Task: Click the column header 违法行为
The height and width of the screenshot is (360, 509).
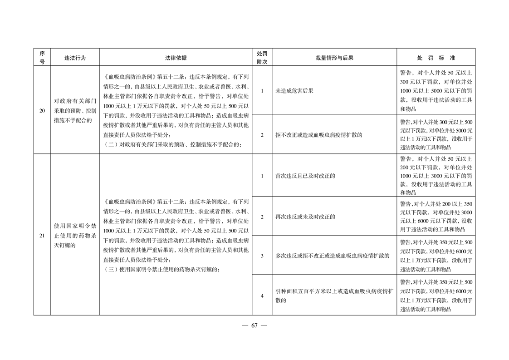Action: point(75,58)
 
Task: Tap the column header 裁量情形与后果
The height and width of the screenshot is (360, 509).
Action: point(334,58)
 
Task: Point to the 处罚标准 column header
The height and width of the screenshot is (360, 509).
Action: point(436,58)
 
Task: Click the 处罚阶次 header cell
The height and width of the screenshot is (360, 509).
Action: point(262,58)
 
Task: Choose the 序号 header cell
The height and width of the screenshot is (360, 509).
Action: point(42,58)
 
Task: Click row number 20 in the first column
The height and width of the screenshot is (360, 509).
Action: point(42,110)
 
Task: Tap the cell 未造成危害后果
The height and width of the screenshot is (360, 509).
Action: point(294,91)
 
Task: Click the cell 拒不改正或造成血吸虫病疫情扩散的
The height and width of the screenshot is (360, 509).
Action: point(319,135)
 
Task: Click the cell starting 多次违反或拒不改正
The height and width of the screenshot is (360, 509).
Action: point(333,256)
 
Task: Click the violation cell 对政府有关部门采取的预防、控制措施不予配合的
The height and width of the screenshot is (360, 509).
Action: point(75,110)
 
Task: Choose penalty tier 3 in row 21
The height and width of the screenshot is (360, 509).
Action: point(262,256)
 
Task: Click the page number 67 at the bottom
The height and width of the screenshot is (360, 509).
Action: point(254,325)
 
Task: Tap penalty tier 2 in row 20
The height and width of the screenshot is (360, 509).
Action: point(262,135)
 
